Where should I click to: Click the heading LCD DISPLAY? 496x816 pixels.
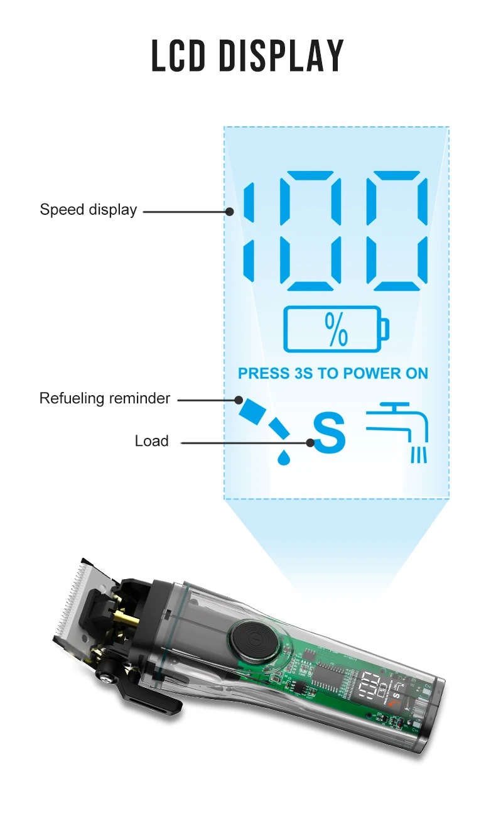tap(247, 56)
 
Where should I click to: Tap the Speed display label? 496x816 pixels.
tap(88, 210)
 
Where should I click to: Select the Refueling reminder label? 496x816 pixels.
tap(104, 398)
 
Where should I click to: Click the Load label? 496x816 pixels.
tap(151, 441)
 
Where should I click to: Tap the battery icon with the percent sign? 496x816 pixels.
tap(336, 329)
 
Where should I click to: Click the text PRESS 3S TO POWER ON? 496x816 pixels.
tap(333, 374)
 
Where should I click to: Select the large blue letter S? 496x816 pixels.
tap(330, 434)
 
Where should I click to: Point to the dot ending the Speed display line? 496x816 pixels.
tap(230, 212)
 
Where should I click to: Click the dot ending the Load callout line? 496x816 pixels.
tap(310, 442)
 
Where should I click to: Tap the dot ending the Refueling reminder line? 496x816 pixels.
tap(239, 399)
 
